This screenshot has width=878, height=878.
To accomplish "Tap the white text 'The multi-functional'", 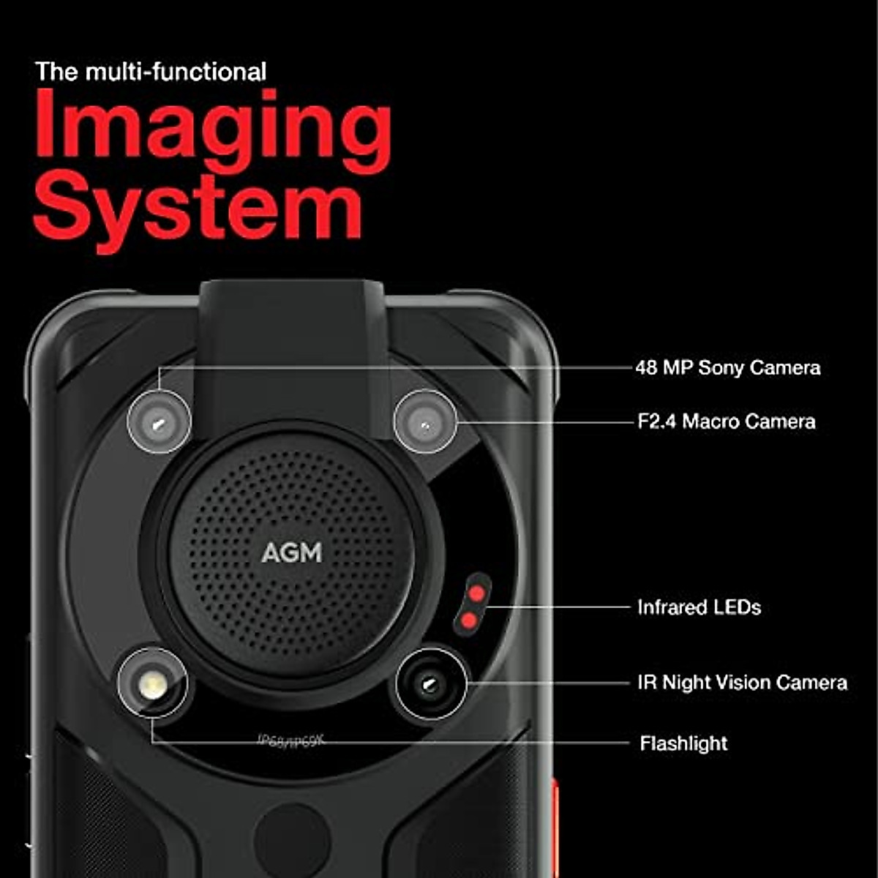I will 151,72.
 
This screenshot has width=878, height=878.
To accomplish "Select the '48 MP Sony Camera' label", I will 727,367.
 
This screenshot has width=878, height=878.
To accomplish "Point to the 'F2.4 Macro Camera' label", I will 726,421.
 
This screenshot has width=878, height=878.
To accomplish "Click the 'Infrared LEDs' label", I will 699,607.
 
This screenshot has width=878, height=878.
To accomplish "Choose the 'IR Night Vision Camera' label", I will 742,683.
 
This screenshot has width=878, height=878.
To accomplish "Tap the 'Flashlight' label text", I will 683,743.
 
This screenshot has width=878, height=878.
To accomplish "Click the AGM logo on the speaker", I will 292,552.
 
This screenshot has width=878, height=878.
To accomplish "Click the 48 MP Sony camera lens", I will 159,422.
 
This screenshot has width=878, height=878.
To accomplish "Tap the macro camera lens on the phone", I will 425,422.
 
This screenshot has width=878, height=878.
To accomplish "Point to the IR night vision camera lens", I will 430,685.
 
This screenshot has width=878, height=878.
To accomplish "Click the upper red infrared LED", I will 476,593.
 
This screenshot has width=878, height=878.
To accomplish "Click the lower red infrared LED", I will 469,621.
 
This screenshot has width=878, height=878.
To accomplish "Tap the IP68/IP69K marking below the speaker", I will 290,741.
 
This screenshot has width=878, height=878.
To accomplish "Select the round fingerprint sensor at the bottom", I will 291,841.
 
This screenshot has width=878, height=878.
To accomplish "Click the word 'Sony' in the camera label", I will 721,367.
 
